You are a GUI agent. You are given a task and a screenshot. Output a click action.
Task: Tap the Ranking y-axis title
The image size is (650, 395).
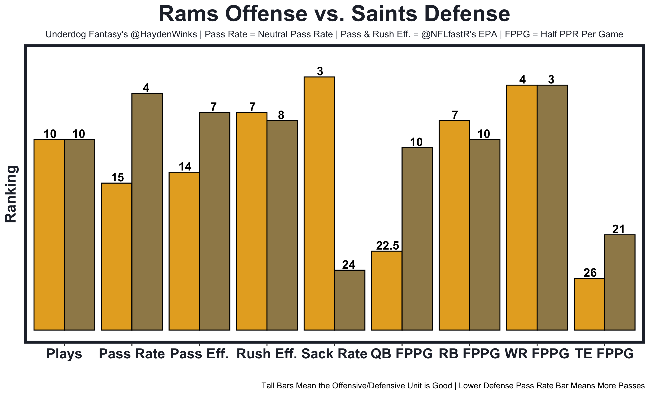[11, 194]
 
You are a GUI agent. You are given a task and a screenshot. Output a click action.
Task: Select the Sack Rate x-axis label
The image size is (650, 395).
[334, 354]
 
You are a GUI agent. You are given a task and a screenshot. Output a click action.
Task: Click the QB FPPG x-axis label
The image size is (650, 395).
[402, 354]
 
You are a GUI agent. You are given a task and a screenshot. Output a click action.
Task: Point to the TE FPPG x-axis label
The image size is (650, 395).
[604, 354]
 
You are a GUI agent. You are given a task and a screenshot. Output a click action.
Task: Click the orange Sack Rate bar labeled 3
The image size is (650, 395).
[319, 203]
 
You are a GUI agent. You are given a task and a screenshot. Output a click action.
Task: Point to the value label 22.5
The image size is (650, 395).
[387, 246]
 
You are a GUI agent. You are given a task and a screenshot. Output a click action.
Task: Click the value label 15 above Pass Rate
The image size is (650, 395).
[117, 178]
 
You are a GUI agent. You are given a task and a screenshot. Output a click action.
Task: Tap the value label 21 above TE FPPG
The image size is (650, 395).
[618, 229]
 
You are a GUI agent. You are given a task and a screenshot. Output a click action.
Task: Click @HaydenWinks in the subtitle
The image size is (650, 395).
[164, 34]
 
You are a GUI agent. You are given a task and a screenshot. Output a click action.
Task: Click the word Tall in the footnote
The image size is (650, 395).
[267, 386]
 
